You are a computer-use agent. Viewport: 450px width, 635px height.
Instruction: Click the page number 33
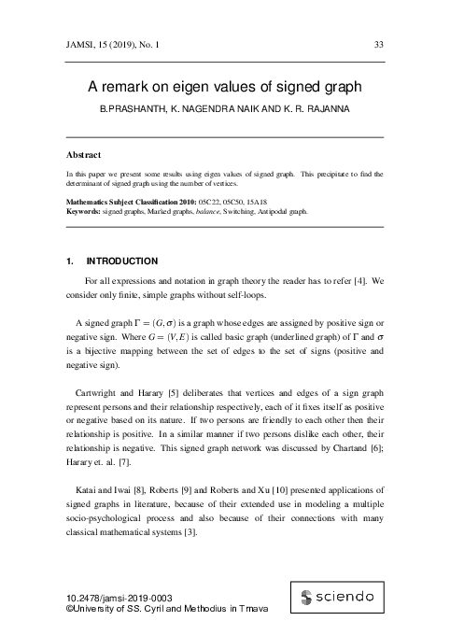pos(378,44)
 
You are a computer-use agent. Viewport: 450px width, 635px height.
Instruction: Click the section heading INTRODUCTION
pos(121,261)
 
